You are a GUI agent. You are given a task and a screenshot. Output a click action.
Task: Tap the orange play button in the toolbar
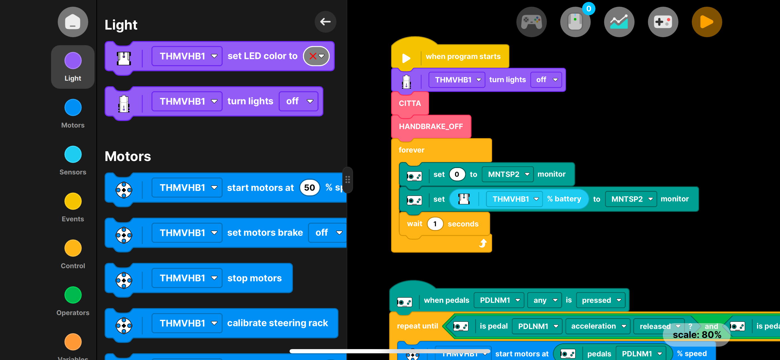706,22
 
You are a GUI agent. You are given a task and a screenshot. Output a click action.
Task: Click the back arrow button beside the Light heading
325,22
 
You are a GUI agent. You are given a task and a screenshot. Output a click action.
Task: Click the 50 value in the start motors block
309,188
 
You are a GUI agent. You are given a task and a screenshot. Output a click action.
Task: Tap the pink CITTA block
410,103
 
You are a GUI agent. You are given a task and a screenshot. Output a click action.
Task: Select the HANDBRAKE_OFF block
430,126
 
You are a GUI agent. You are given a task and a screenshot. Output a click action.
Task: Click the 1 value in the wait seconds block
435,224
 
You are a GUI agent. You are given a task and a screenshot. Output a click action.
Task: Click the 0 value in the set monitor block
457,174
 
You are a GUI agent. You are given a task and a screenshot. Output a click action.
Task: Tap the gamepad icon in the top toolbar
531,22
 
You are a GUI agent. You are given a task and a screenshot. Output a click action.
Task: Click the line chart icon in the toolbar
619,22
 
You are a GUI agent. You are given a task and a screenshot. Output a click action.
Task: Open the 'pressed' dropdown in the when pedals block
601,300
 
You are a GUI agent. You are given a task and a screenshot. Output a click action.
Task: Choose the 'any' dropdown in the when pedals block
544,300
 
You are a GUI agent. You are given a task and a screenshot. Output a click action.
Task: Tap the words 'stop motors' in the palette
254,278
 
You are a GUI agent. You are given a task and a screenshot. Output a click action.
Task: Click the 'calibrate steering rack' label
277,323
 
